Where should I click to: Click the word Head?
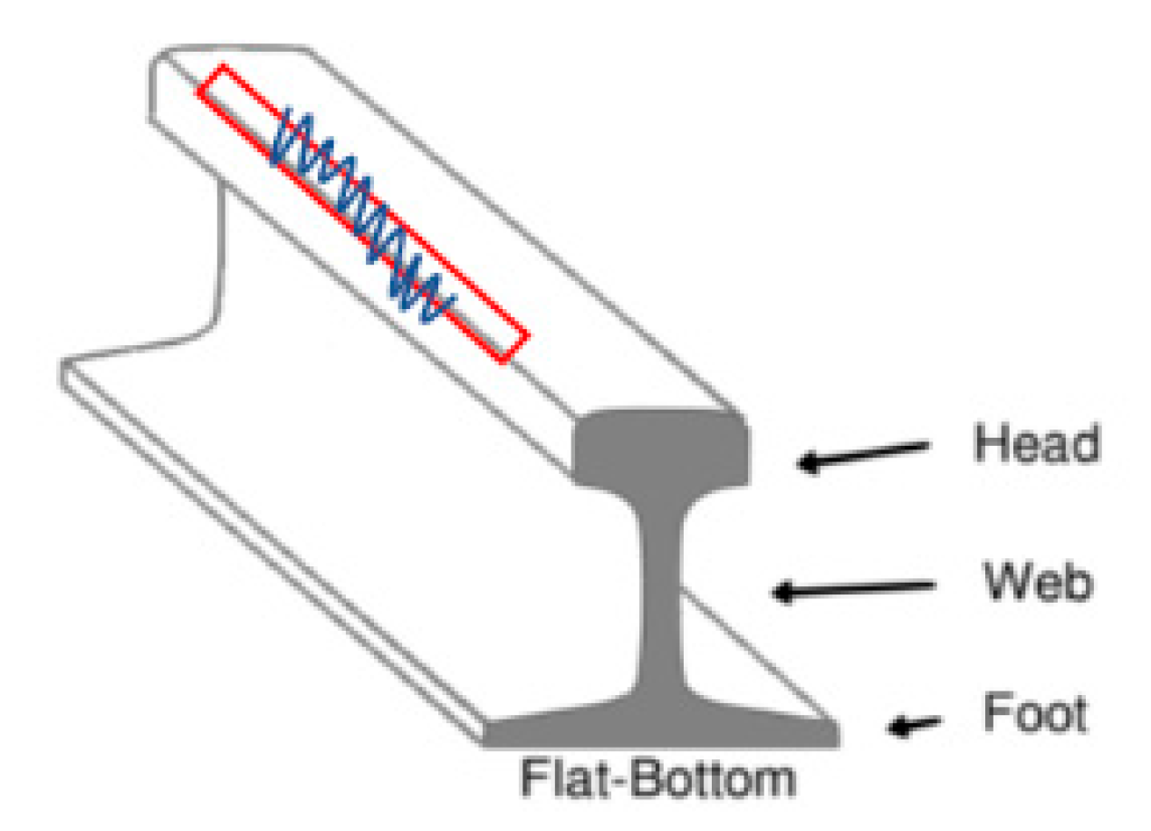coord(1036,444)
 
